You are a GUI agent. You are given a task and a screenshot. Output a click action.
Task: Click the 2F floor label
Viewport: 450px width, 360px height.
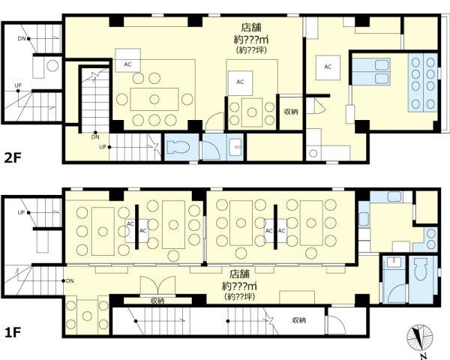pos(13,157)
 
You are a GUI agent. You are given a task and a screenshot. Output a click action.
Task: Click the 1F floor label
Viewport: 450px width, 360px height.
pos(13,332)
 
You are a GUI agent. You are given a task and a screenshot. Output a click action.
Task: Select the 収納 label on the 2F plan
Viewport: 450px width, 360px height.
pos(291,112)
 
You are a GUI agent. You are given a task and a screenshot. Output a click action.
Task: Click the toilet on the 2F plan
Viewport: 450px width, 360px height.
pos(178,147)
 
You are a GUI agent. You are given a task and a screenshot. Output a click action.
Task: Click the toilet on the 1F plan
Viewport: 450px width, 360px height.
pos(421,269)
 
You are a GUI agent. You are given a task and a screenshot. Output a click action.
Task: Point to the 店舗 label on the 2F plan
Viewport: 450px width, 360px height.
pos(251,27)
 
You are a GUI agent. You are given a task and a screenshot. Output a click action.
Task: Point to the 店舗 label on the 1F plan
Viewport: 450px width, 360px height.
pos(240,274)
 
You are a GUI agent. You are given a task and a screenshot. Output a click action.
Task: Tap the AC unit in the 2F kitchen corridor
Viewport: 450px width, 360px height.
pos(328,67)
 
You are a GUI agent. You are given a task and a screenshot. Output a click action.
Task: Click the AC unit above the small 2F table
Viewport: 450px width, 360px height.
pos(240,83)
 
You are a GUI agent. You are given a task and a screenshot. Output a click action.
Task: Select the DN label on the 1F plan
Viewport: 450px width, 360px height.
pos(70,281)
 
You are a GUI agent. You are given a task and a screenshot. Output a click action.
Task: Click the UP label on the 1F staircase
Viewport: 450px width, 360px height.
pos(21,212)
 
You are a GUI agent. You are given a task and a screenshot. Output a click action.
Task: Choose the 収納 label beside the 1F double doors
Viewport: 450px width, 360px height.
pos(157,301)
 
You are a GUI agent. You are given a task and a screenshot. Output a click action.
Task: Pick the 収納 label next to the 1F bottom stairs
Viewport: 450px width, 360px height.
pos(299,320)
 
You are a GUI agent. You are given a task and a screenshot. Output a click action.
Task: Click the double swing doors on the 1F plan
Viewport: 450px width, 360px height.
pos(157,285)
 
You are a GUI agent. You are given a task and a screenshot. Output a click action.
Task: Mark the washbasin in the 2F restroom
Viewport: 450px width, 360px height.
pos(235,147)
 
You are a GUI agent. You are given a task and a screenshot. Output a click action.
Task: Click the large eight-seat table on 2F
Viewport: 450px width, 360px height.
pos(154,99)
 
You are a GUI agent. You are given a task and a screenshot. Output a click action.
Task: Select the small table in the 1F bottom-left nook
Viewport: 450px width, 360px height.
pos(87,316)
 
